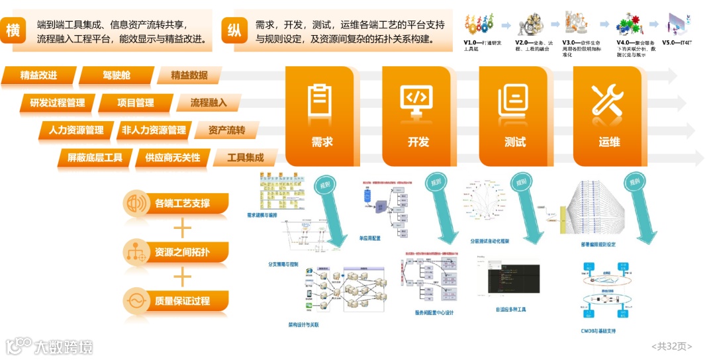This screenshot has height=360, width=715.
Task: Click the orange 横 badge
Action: point(13,30)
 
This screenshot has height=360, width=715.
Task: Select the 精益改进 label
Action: point(39,75)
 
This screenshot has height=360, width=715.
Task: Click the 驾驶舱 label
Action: point(117,75)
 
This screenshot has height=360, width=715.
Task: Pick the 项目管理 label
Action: point(136,103)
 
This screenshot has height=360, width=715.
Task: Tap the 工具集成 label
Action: point(246,157)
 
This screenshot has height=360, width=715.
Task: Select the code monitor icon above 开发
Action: point(418,103)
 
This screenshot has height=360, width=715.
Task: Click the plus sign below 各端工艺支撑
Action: point(181,228)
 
